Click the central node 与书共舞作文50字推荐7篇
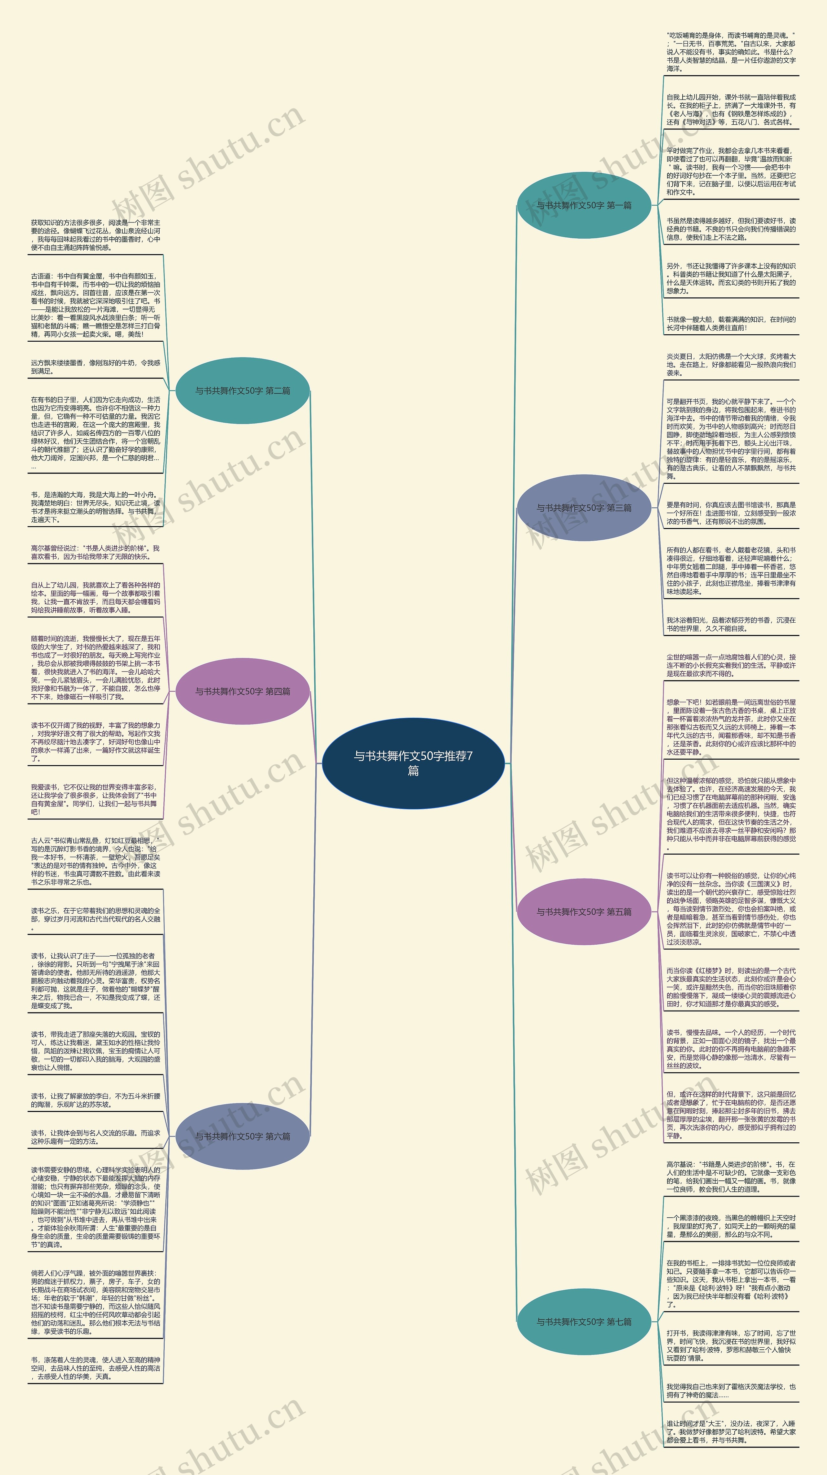413,763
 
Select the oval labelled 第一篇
584,205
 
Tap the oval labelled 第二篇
242,390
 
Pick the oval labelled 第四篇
242,691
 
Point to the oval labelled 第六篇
242,1136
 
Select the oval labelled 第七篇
584,1322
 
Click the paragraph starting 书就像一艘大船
730,324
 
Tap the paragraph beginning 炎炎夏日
730,364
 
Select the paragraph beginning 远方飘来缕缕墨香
96,367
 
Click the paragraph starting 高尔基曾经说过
96,552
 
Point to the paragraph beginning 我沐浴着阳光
730,624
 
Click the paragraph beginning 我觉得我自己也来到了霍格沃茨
730,1391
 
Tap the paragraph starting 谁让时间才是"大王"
730,1431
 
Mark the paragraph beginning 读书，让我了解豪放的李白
96,1100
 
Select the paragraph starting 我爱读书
96,799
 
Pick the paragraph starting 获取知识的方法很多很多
96,235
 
